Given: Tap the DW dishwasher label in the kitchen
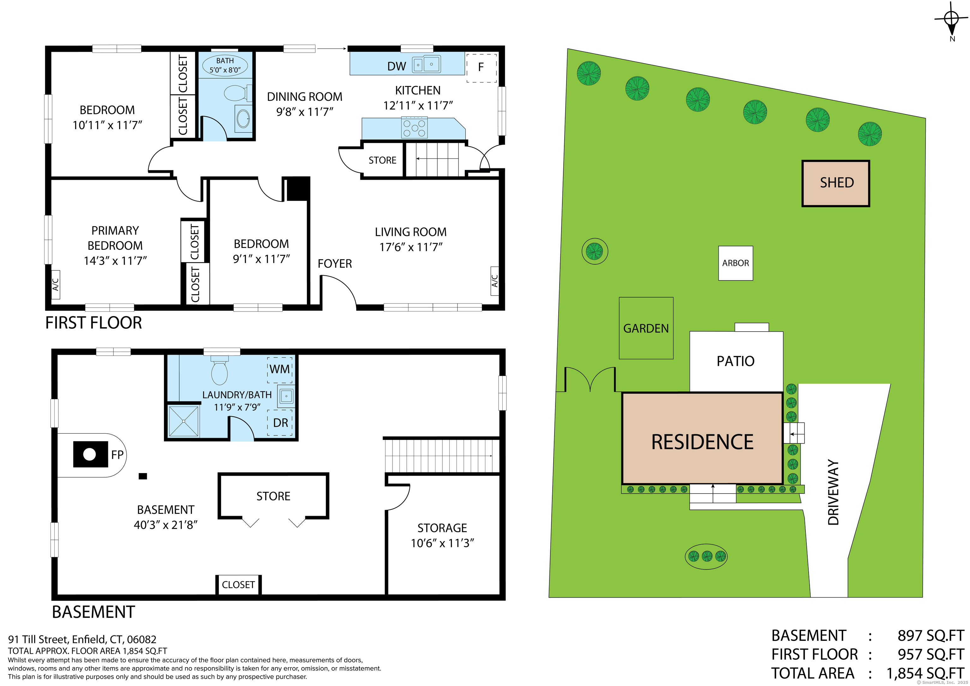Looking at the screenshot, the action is pos(396,66).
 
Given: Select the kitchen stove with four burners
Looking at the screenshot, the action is pos(414,128).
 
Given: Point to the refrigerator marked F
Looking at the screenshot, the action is pos(481,68).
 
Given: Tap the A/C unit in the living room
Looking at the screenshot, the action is pos(495,281).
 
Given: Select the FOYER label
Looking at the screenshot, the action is pos(335,264).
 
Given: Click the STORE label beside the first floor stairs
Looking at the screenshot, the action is pos(382,160).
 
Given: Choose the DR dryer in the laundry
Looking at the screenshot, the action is pos(280,423).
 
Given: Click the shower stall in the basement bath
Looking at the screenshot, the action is pos(184,421).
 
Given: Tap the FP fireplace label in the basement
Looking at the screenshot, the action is pos(117,455).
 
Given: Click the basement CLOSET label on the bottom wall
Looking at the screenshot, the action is pos(238,585).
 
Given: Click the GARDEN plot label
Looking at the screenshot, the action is pos(646,328).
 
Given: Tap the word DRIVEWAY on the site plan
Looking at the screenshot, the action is pos(833,492).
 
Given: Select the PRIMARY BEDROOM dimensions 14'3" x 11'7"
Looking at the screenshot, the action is pos(115,261).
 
